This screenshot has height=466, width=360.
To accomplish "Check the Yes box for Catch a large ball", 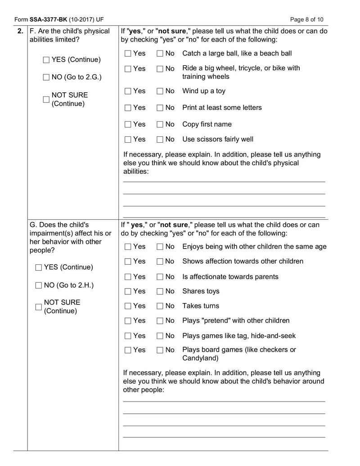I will (x=128, y=54).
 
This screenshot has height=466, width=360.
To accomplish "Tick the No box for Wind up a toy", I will (x=160, y=91).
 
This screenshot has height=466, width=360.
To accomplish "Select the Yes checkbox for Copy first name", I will (x=128, y=125).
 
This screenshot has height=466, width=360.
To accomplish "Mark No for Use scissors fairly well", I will (x=160, y=140).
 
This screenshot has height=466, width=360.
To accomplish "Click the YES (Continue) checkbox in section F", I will (x=46, y=60).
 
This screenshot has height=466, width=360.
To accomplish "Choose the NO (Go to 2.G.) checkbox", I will (x=46, y=77).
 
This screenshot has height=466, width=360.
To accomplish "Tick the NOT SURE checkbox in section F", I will (x=46, y=100).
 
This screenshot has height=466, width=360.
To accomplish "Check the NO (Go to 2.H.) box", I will (x=39, y=285).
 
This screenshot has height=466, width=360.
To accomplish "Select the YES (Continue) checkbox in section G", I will (x=39, y=267).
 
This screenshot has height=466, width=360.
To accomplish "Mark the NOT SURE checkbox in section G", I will (x=39, y=307).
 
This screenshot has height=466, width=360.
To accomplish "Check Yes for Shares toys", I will (x=128, y=292).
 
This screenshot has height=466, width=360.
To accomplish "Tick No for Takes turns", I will (x=160, y=306).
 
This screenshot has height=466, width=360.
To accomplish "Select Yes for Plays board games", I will (x=128, y=350).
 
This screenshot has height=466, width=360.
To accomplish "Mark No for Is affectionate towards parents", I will (x=160, y=277).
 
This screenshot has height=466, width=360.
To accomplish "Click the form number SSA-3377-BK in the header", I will (x=49, y=20).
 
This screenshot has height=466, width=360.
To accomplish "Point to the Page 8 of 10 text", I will (x=306, y=20).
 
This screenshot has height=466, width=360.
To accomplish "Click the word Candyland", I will (x=200, y=358).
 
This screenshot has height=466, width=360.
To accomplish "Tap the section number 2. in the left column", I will (x=20, y=31).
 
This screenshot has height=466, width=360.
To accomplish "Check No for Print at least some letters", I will (x=160, y=108).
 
